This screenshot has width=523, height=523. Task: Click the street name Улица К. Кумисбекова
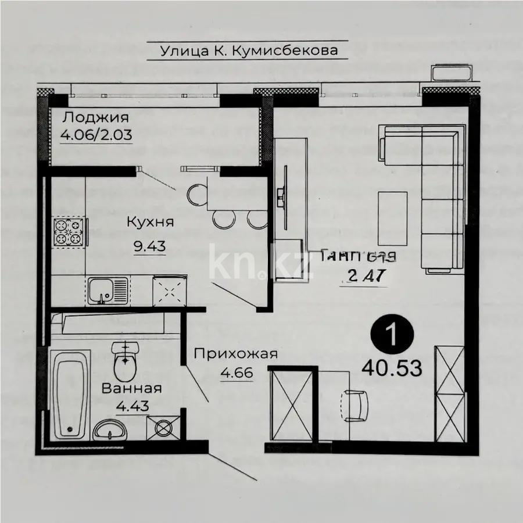point(249,51)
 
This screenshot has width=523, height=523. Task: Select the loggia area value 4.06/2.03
point(96,135)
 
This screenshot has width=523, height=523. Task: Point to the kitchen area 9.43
point(150,245)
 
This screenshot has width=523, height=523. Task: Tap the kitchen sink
point(108,289)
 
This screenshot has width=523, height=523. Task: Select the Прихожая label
point(235,353)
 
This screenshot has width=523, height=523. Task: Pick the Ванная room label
point(131,388)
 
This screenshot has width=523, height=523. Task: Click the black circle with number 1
point(392,335)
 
